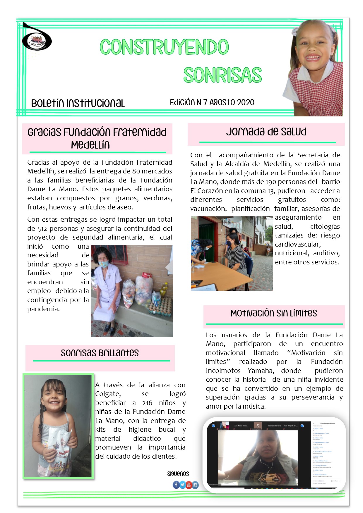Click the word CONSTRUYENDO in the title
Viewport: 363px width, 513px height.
pyautogui.click(x=164, y=47)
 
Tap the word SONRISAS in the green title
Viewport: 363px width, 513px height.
pyautogui.click(x=222, y=75)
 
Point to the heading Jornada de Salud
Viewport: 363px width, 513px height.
pyautogui.click(x=266, y=132)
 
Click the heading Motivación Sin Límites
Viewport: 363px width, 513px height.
pyautogui.click(x=274, y=313)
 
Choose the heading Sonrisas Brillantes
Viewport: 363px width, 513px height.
pyautogui.click(x=100, y=353)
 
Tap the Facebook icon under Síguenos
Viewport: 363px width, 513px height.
pyautogui.click(x=176, y=485)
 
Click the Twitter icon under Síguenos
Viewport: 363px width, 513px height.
pyautogui.click(x=182, y=485)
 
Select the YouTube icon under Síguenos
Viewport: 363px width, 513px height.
pyautogui.click(x=189, y=485)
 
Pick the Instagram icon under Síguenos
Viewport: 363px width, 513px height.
pyautogui.click(x=195, y=485)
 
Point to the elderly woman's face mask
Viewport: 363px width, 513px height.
pyautogui.click(x=104, y=264)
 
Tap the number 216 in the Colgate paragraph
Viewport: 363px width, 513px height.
pyautogui.click(x=147, y=403)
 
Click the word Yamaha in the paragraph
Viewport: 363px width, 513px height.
pyautogui.click(x=261, y=371)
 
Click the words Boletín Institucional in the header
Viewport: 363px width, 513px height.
pyautogui.click(x=78, y=103)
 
